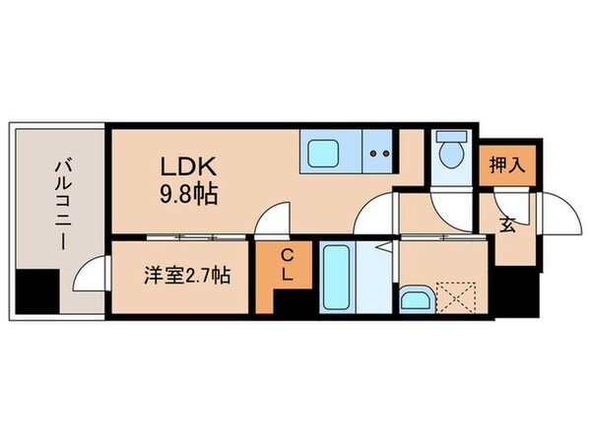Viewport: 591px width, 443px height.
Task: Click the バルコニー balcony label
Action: click(60, 207)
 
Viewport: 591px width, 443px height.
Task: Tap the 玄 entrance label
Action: click(507, 224)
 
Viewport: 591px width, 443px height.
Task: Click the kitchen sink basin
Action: click(325, 153)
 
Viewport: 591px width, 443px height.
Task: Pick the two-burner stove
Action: click(378, 153)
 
